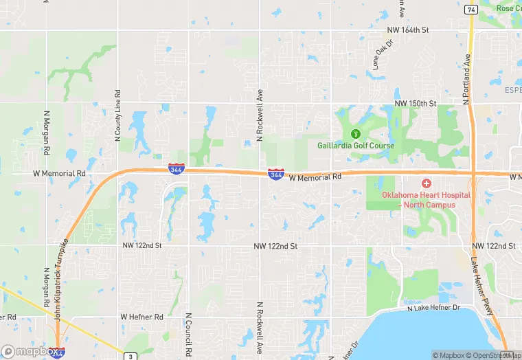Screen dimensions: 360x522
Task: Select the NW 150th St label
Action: (x=416, y=103)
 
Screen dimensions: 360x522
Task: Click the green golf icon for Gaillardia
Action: (x=355, y=133)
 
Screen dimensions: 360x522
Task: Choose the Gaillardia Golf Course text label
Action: (x=356, y=146)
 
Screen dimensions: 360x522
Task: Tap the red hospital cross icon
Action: (x=427, y=183)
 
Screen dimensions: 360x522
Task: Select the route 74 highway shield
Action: (x=470, y=10)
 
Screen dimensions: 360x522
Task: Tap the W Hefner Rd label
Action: (x=142, y=317)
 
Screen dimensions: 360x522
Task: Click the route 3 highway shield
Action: (x=128, y=356)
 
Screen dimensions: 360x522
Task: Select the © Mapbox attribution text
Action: (x=450, y=355)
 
